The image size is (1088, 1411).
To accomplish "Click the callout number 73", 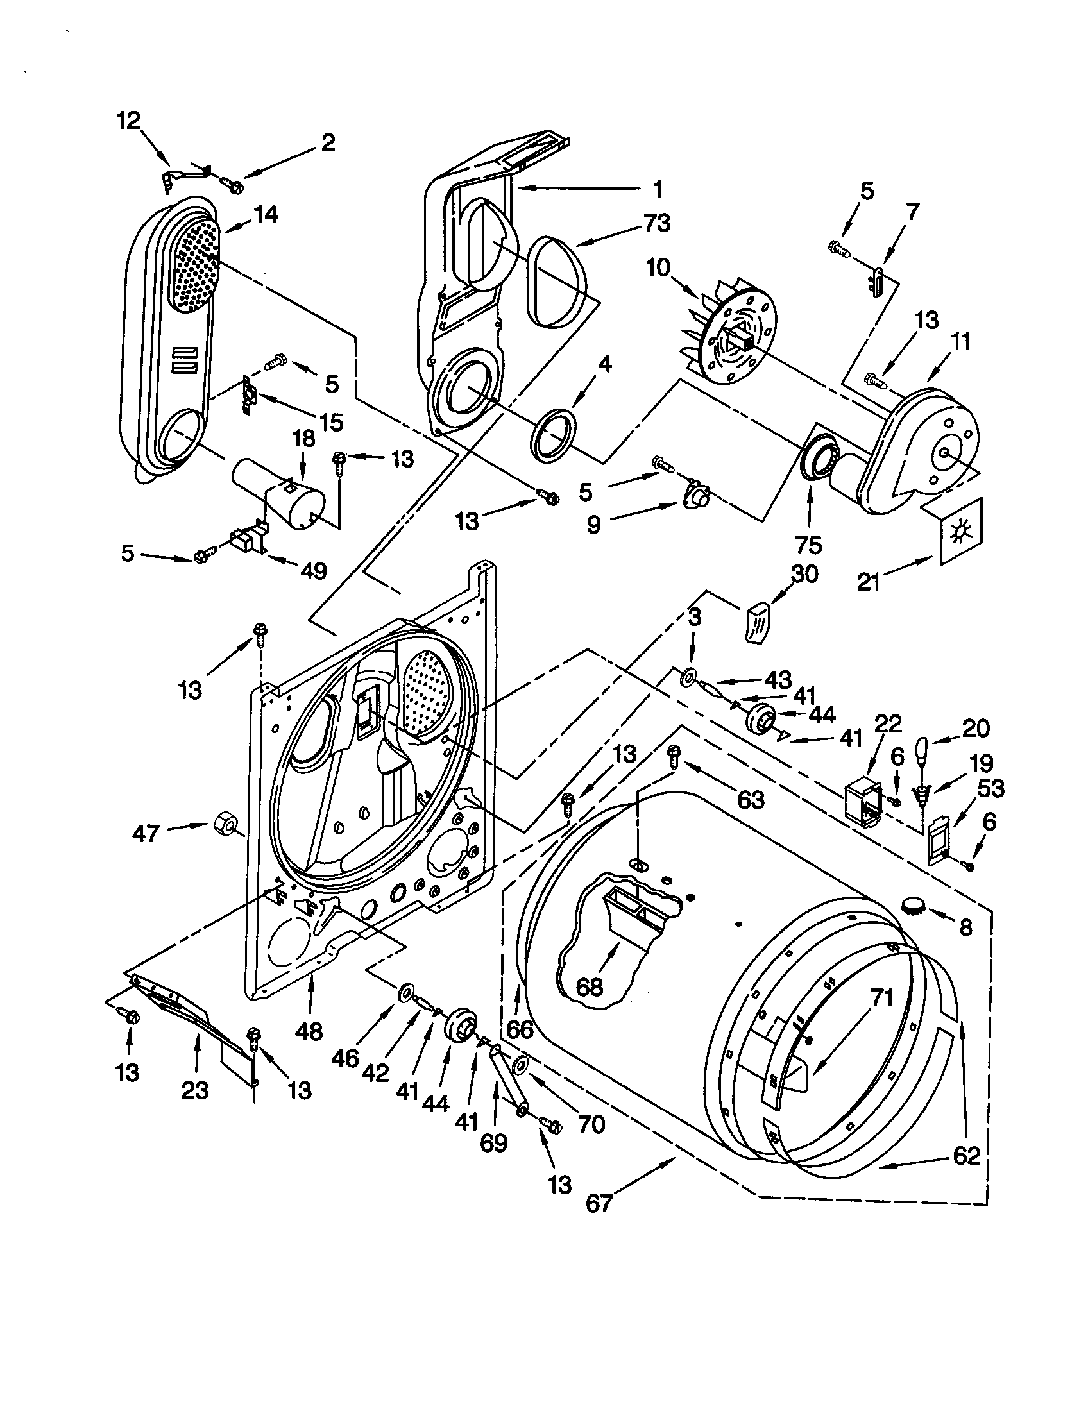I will [x=657, y=223].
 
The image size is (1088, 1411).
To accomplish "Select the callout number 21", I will [x=869, y=582].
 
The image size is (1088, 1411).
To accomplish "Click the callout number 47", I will [x=146, y=833].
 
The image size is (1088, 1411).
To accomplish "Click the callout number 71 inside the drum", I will [x=881, y=997].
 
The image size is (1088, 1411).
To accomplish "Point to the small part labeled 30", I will [x=760, y=619].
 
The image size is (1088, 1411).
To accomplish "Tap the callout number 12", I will [x=128, y=120].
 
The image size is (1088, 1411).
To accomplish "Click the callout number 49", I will [x=313, y=570].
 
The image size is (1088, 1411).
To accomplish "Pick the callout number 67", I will [x=599, y=1204].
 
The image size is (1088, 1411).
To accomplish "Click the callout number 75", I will [x=808, y=545].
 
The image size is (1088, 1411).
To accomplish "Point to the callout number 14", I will [x=265, y=214].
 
